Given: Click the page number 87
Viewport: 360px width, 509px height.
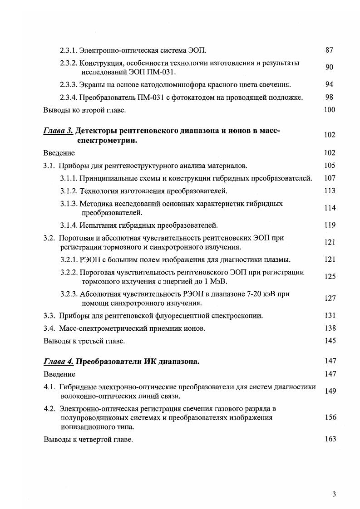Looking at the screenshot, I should click(x=330, y=50).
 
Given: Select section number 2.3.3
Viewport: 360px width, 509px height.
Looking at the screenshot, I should click(x=69, y=84).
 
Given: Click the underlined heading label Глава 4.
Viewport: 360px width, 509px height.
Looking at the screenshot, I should click(x=58, y=362).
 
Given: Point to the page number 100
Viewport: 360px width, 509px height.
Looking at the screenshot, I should click(x=330, y=109).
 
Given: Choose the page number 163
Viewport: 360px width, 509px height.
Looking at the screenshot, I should click(x=330, y=439).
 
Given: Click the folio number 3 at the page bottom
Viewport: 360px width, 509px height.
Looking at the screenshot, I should click(x=334, y=494).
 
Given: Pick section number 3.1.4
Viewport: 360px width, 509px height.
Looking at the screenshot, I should click(x=69, y=225).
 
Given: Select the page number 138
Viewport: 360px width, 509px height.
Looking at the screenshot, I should click(x=330, y=328).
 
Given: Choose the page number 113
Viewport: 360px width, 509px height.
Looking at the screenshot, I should click(x=330, y=191).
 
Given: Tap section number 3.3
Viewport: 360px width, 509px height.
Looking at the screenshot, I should click(x=49, y=315).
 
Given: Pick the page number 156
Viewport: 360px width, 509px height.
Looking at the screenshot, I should click(x=330, y=417).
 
